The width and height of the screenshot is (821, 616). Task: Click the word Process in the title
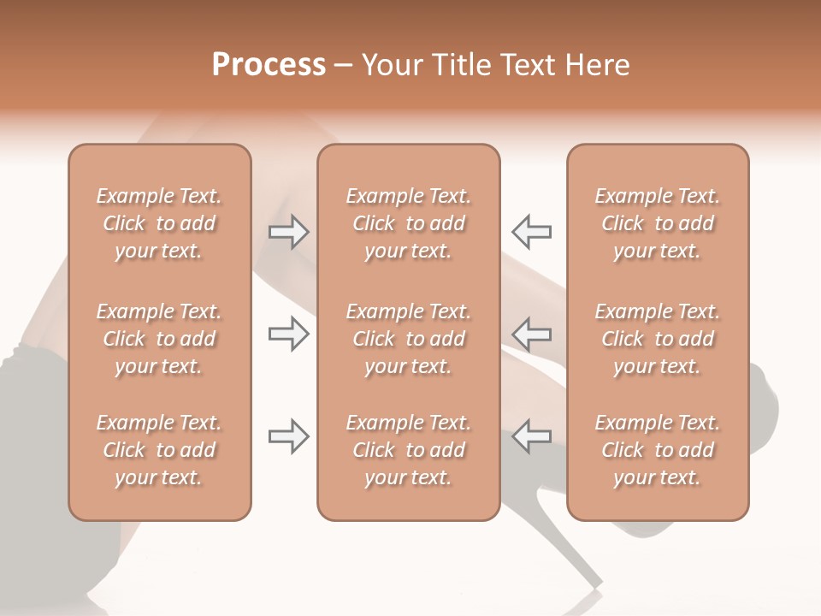tap(269, 65)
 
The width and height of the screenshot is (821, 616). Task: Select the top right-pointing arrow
tap(289, 232)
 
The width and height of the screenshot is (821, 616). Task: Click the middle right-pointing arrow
tap(289, 334)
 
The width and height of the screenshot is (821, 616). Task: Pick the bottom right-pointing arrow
tap(289, 436)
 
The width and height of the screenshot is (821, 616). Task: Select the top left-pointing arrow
tap(531, 232)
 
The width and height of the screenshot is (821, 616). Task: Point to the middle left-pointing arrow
tap(531, 334)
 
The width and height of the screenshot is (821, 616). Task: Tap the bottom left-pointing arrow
tap(531, 436)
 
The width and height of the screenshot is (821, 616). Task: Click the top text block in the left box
tap(159, 223)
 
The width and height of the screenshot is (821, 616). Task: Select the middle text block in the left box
tap(159, 339)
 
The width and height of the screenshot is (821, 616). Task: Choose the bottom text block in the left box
tap(159, 450)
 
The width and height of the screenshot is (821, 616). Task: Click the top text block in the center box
tap(408, 223)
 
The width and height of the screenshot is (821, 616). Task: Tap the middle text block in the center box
tap(408, 339)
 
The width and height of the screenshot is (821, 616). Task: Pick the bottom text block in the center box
tap(408, 450)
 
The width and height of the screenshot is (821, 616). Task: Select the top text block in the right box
tap(657, 223)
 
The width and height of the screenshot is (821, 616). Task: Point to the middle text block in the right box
tap(657, 339)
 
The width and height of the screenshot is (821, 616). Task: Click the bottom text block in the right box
tap(657, 450)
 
